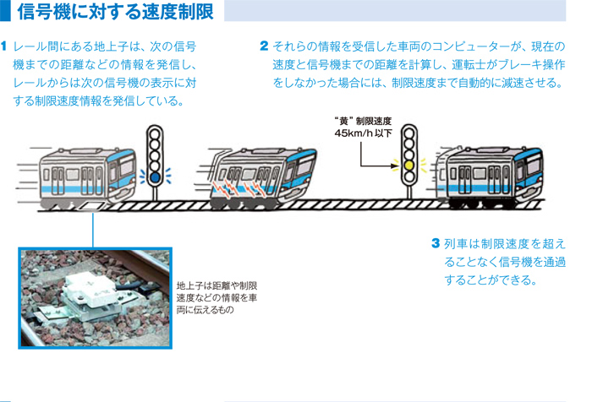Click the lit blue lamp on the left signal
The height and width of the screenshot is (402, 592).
point(155,177)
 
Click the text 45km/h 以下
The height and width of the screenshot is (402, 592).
point(363,133)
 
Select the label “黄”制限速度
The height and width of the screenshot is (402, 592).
point(363,121)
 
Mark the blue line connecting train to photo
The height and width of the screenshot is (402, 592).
point(91,228)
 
